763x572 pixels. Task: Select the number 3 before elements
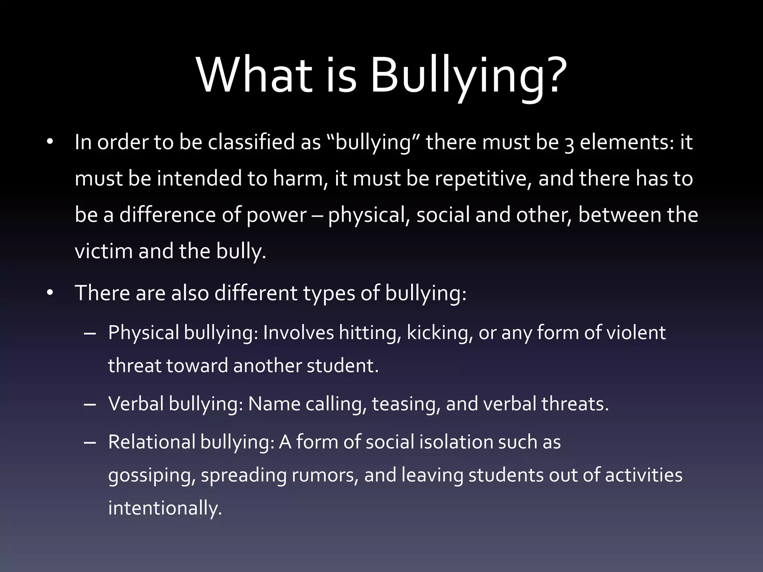(x=569, y=144)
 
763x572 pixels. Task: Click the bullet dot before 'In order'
(x=50, y=142)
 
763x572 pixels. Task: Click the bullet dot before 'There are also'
(x=50, y=293)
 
